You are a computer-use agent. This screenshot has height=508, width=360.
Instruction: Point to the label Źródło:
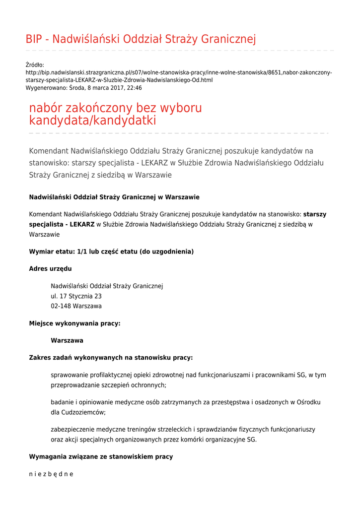click(35, 65)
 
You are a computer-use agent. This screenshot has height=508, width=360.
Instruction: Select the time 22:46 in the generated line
click(134, 88)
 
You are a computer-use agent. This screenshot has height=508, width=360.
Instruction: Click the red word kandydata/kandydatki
click(93, 120)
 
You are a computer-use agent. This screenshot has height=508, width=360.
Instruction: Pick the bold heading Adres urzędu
click(50, 269)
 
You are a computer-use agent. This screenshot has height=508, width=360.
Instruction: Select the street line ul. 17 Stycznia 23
click(76, 296)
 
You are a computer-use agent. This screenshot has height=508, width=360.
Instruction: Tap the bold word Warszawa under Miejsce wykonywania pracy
click(67, 341)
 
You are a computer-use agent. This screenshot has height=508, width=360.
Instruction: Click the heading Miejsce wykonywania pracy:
click(74, 323)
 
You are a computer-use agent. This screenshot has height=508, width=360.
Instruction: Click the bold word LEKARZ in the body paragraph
click(82, 224)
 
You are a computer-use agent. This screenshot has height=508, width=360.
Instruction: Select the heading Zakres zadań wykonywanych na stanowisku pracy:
click(111, 358)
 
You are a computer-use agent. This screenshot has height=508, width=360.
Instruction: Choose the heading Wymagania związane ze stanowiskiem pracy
click(101, 456)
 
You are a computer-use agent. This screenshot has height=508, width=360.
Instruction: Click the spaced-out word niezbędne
click(51, 474)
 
